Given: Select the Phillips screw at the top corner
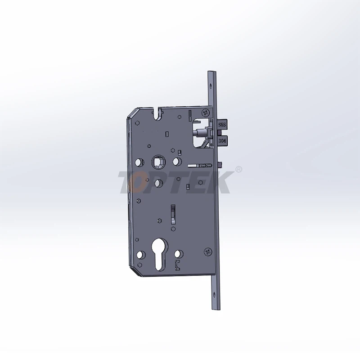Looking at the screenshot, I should click(207, 112).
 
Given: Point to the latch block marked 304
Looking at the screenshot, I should click(222, 141).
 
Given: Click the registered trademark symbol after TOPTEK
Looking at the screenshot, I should click(239, 169).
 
